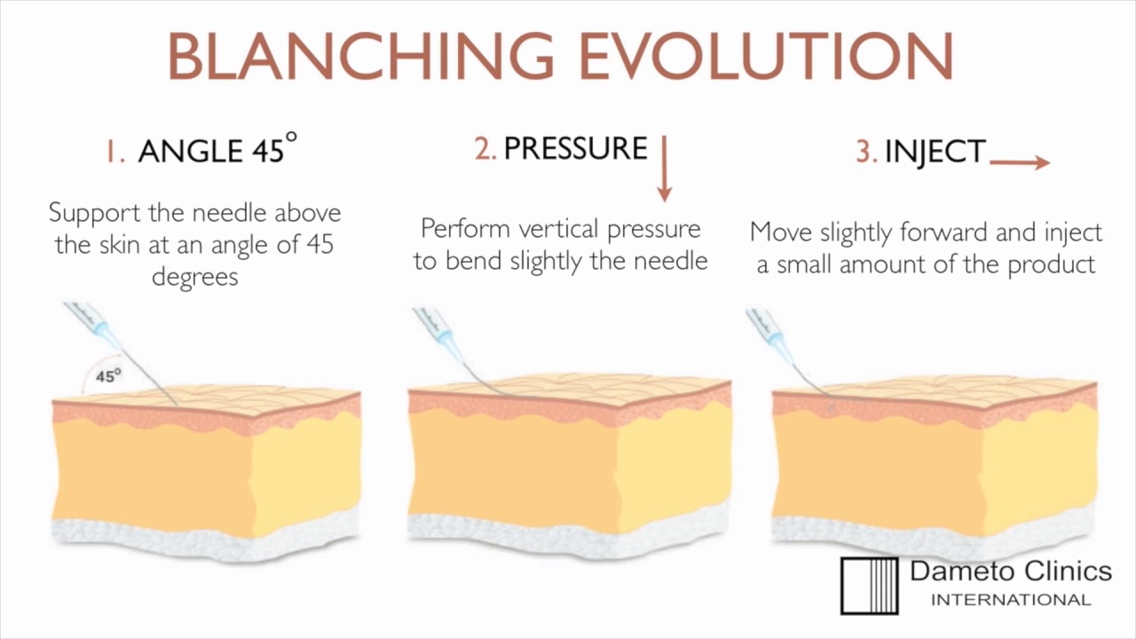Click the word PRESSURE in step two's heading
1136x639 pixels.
[575, 148]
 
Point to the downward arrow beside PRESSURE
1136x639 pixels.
[664, 168]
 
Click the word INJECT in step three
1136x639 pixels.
[935, 152]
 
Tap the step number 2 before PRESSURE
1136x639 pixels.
[485, 149]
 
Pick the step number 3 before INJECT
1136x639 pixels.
[865, 152]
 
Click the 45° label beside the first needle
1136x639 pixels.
[108, 375]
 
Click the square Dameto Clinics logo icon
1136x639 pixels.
[870, 586]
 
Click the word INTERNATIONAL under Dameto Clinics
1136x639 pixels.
[1010, 600]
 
